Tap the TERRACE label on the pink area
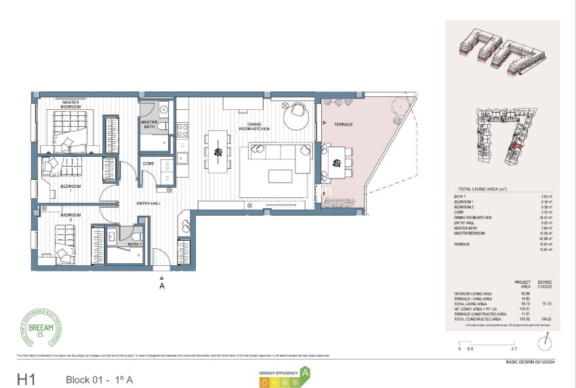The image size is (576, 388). pos(344,125)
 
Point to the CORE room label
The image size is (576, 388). pos(148,165)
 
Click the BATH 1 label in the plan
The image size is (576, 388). pos(135,244)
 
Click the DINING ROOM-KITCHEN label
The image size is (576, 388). pos(254,125)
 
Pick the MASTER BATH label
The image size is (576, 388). pos(149,125)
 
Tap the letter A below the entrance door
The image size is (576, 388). pos(161,286)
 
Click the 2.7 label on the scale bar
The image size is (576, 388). pos(513,349)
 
